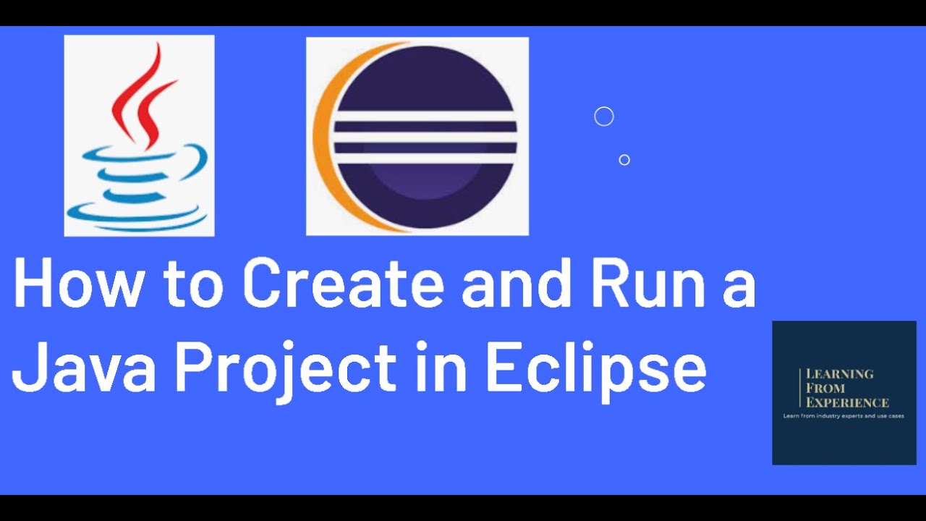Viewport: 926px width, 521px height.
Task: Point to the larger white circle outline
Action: point(603,117)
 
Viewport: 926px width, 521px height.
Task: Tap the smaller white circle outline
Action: point(624,160)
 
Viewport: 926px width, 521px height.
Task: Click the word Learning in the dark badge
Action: point(840,374)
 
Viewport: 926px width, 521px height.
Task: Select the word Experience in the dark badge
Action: point(847,402)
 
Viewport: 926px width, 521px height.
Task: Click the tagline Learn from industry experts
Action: point(844,416)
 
